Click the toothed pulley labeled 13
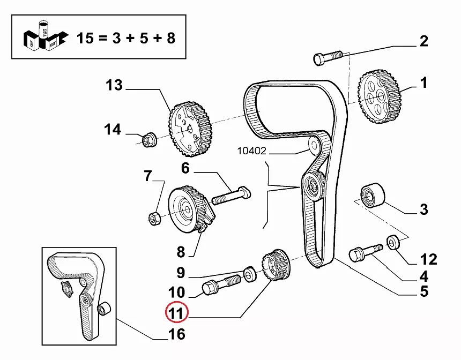tap(190, 129)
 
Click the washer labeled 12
tap(393, 242)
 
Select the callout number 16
tap(176, 335)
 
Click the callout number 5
tap(423, 291)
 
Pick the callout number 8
tap(181, 252)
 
